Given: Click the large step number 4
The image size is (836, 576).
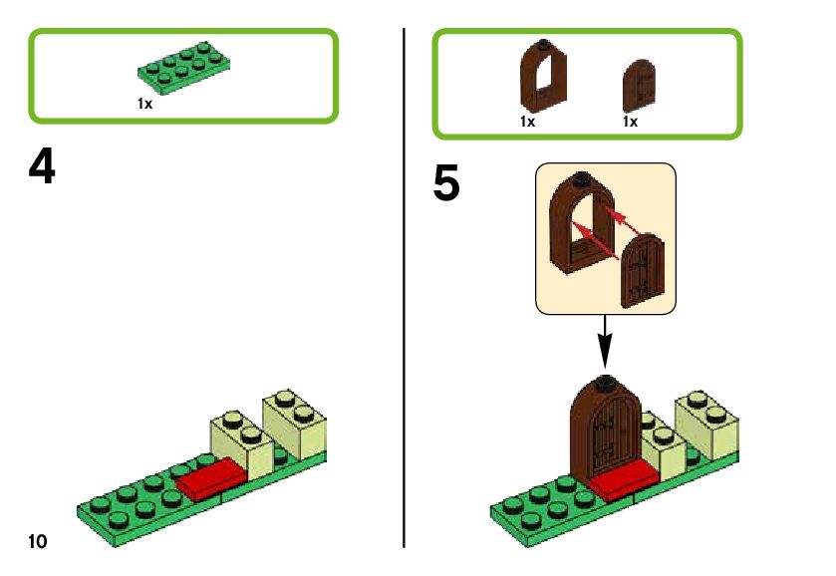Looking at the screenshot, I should click(x=42, y=167).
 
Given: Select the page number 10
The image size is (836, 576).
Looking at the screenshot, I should click(x=37, y=541).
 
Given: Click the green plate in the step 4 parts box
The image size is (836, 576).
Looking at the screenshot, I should click(x=185, y=70).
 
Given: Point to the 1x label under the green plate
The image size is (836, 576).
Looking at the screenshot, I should click(x=145, y=103).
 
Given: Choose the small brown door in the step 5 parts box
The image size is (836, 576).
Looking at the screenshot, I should click(x=640, y=86).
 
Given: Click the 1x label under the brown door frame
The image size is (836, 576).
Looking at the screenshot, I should click(x=527, y=122).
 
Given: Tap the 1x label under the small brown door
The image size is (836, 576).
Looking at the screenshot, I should click(x=630, y=122).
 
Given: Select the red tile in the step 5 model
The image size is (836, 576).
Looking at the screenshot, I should click(x=623, y=482).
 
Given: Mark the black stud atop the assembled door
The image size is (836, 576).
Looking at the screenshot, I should click(x=604, y=384).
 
